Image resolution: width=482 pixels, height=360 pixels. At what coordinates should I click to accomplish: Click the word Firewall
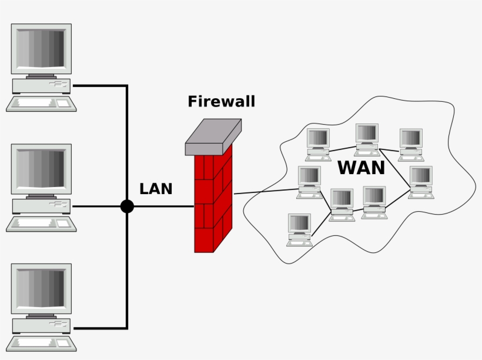point(222,102)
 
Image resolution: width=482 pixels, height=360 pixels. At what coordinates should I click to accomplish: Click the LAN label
point(156,189)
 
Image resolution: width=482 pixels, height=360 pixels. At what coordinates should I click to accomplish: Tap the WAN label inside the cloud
point(361,168)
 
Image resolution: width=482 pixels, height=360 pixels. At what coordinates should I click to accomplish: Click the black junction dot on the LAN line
point(127,206)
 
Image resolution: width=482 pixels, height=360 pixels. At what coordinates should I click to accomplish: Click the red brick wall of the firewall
point(213,200)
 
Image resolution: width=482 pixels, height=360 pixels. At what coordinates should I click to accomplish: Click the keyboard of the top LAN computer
point(41,104)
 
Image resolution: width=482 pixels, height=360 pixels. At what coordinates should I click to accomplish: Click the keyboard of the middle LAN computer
point(41,224)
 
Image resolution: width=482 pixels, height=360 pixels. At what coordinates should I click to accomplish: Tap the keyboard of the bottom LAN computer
point(41,344)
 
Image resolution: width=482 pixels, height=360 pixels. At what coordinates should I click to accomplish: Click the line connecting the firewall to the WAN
point(265,192)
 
